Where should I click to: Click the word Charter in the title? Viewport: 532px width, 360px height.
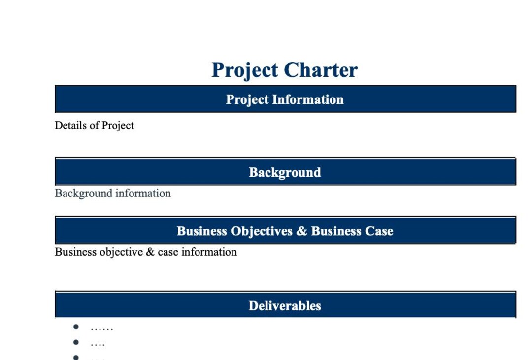tap(321, 70)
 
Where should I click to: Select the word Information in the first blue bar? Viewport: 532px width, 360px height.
tap(308, 99)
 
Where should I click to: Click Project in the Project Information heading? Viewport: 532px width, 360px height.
tap(247, 100)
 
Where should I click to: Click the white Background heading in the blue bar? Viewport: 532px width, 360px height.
tap(285, 173)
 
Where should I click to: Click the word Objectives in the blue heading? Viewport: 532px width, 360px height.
tap(261, 231)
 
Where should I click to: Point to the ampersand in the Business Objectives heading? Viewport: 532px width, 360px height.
tap(301, 231)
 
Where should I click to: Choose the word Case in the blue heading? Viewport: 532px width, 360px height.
tap(379, 231)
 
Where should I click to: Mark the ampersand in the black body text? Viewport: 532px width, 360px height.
tap(150, 252)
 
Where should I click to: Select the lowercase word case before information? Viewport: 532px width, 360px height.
tap(168, 253)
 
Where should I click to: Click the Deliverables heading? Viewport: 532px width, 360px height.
tap(285, 306)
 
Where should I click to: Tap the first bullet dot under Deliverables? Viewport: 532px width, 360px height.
tap(76, 327)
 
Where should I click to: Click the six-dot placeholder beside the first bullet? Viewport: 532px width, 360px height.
tap(102, 329)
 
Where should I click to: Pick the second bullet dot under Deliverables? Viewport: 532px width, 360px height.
tap(76, 342)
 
